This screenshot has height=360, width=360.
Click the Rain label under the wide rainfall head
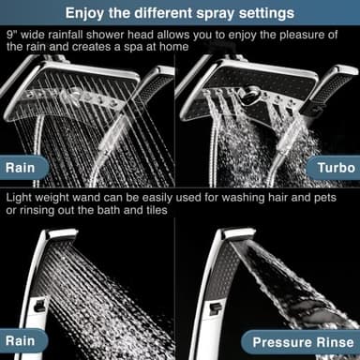coord(27,170)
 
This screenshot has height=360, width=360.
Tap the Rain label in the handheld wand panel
coord(27,341)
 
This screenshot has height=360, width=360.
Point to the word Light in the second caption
coord(22,200)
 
